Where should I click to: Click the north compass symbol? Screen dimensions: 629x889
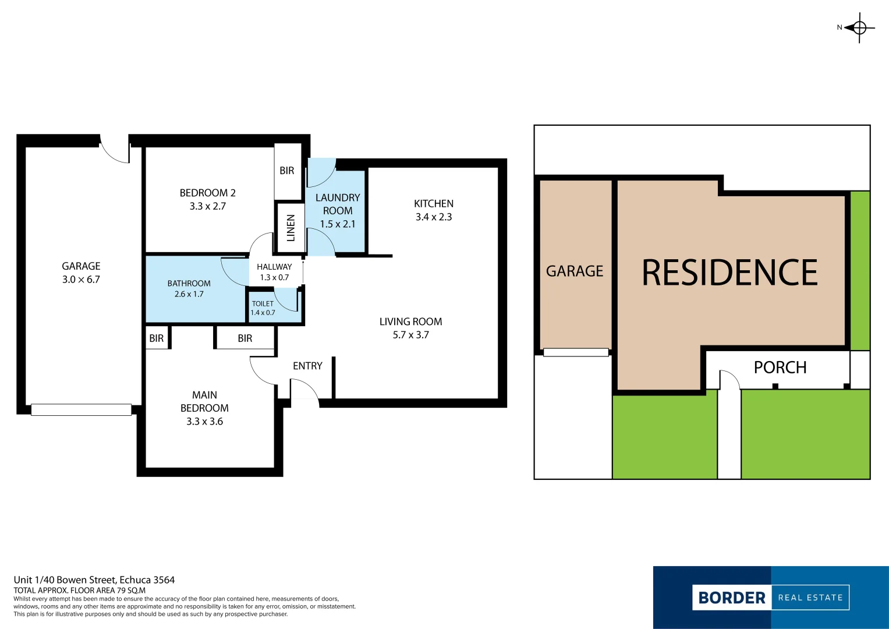(859, 27)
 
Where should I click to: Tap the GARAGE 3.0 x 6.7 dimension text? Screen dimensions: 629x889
(81, 280)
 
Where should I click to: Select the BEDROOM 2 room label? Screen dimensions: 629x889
(207, 193)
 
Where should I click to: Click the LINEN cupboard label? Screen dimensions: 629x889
(291, 228)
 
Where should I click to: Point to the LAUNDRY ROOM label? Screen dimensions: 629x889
(338, 204)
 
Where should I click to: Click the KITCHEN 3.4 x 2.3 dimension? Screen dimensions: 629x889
(434, 217)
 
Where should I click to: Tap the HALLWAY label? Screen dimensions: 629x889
(274, 267)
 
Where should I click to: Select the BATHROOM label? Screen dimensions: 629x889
(189, 284)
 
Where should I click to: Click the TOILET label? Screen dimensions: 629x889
(263, 303)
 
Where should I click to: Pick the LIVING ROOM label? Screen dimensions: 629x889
(410, 321)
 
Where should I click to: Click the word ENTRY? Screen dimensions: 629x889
(307, 366)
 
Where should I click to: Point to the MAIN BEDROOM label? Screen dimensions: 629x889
(204, 401)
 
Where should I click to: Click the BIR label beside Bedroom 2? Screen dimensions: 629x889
(287, 171)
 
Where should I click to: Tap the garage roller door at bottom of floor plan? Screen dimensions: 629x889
(81, 409)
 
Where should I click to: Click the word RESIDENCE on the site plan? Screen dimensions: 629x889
(729, 273)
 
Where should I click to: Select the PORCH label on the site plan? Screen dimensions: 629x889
(780, 367)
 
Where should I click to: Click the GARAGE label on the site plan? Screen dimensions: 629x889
(575, 271)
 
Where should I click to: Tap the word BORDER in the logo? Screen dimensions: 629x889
(732, 598)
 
